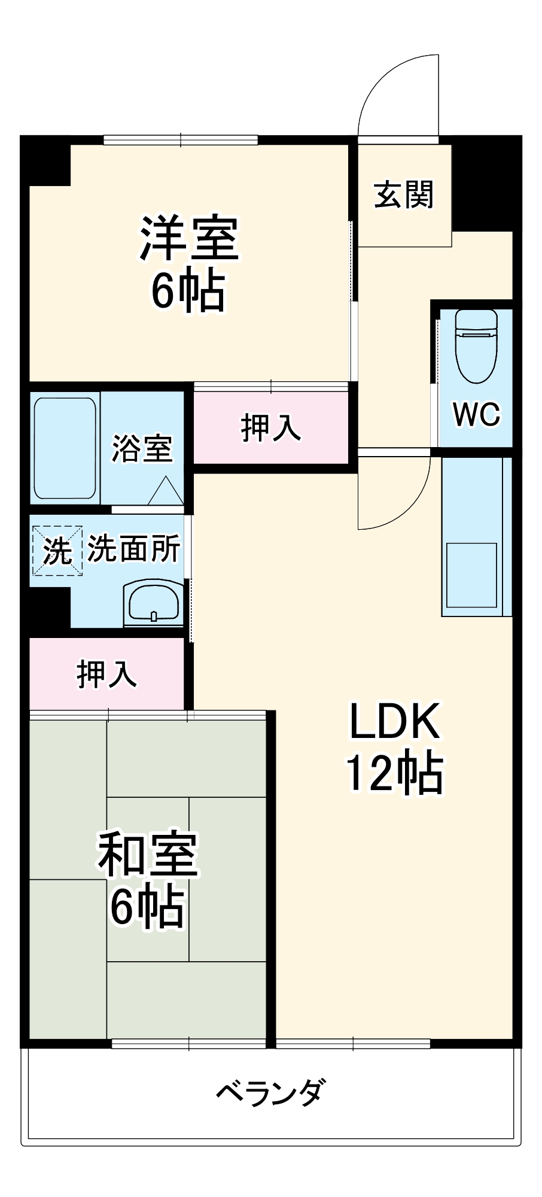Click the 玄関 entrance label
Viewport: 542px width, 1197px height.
[404, 195]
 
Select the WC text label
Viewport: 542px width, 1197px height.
[476, 414]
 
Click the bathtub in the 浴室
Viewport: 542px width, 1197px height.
[65, 448]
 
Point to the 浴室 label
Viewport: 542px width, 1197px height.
[142, 448]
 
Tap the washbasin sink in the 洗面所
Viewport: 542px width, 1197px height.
[154, 603]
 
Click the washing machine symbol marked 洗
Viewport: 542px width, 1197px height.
[57, 551]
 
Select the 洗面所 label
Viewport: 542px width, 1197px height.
[134, 548]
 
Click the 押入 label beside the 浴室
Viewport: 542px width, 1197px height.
[271, 427]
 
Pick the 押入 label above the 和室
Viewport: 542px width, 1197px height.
[107, 674]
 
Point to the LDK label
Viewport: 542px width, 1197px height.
[395, 722]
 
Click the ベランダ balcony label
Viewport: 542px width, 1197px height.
[271, 1092]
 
